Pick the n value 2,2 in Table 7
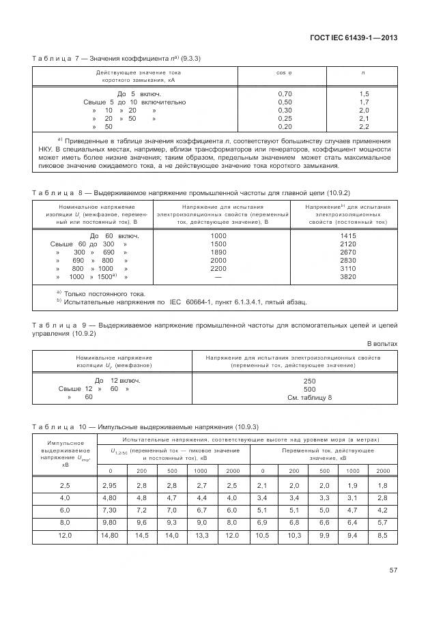[x=364, y=126]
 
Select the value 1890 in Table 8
[x=218, y=252]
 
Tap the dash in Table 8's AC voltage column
[x=218, y=277]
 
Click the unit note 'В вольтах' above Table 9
[x=382, y=343]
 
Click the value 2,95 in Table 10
[x=110, y=484]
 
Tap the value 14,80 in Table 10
[x=110, y=536]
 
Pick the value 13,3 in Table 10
[x=203, y=536]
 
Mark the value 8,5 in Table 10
[x=383, y=536]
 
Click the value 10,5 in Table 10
[x=263, y=536]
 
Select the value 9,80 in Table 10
[x=110, y=523]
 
